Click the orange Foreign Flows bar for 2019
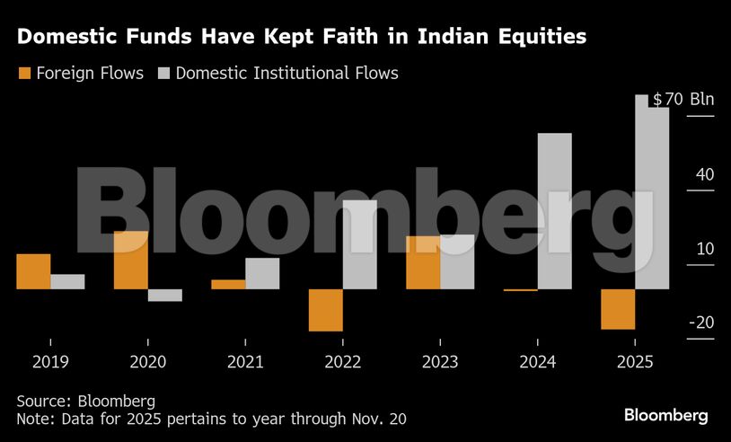point(33,271)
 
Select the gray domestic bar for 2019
point(67,282)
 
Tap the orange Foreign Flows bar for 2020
point(131,261)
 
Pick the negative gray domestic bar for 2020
point(165,295)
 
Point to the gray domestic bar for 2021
point(262,274)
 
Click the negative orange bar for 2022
point(325,310)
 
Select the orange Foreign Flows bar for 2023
point(423,262)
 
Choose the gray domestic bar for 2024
point(554,211)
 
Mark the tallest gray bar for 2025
point(652,193)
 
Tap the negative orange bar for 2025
point(618,309)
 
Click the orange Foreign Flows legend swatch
point(24,73)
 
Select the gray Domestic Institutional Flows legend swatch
point(164,73)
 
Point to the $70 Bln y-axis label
point(683,99)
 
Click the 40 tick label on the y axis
point(703,174)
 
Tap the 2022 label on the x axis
point(343,362)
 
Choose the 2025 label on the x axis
point(635,362)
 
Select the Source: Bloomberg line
point(85,401)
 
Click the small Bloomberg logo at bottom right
point(666,415)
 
